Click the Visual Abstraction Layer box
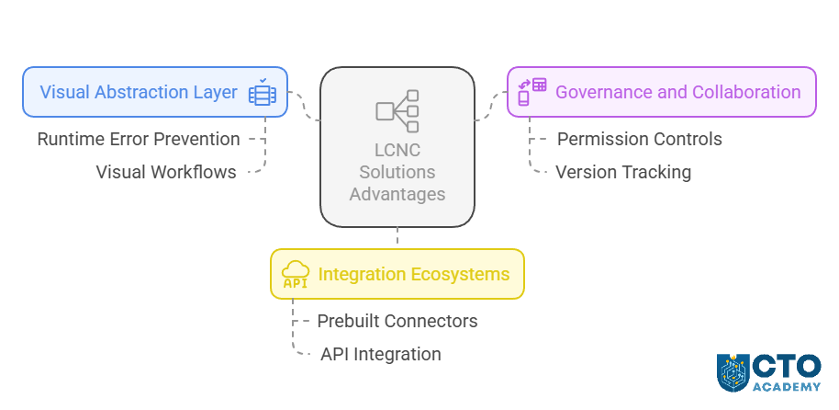pyautogui.click(x=155, y=92)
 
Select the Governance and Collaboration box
pyautogui.click(x=661, y=92)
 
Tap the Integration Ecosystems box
pyautogui.click(x=397, y=274)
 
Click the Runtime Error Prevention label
pyautogui.click(x=139, y=140)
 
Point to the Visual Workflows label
pyautogui.click(x=166, y=172)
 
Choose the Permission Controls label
pyautogui.click(x=640, y=140)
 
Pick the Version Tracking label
pyautogui.click(x=623, y=172)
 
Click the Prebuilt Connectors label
pyautogui.click(x=397, y=321)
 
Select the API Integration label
pyautogui.click(x=380, y=354)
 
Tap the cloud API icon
pyautogui.click(x=296, y=274)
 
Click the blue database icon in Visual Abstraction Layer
pyautogui.click(x=263, y=92)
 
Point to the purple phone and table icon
pyautogui.click(x=531, y=92)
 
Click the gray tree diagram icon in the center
pyautogui.click(x=397, y=111)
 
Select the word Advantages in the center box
pyautogui.click(x=397, y=194)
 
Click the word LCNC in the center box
pyautogui.click(x=397, y=150)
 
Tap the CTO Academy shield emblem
pyautogui.click(x=733, y=372)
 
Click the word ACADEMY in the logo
pyautogui.click(x=786, y=387)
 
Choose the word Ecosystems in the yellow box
pyautogui.click(x=460, y=274)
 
